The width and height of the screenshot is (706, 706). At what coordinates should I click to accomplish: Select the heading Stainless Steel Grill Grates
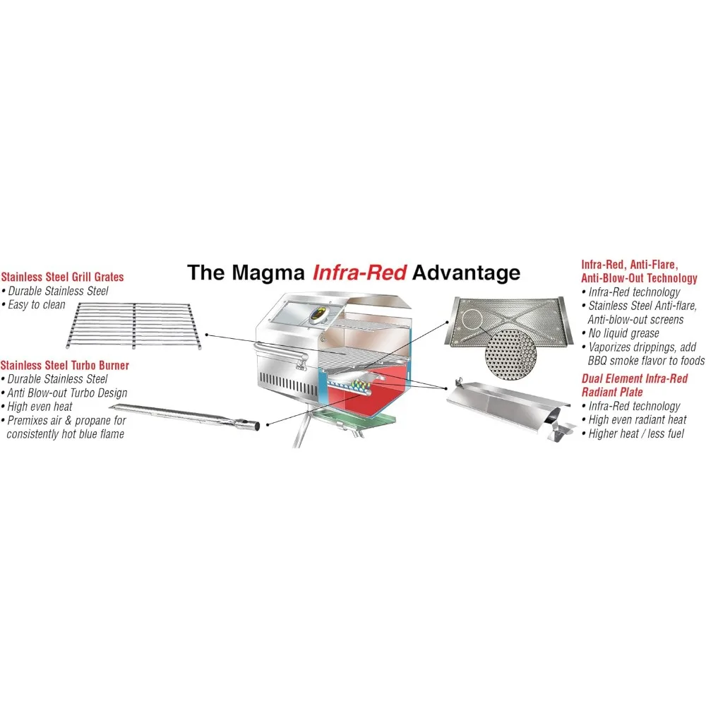62,277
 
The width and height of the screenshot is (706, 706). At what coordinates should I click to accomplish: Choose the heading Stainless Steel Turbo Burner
64,365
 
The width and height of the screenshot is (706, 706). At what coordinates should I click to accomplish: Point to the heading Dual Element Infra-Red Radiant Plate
634,385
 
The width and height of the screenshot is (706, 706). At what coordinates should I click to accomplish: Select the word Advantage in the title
467,273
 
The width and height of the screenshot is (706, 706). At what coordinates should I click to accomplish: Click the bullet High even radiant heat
638,420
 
